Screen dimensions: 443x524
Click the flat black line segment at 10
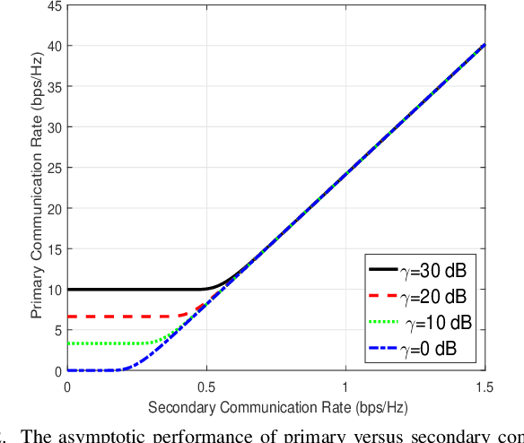135,289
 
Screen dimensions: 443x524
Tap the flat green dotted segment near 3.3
99,343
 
